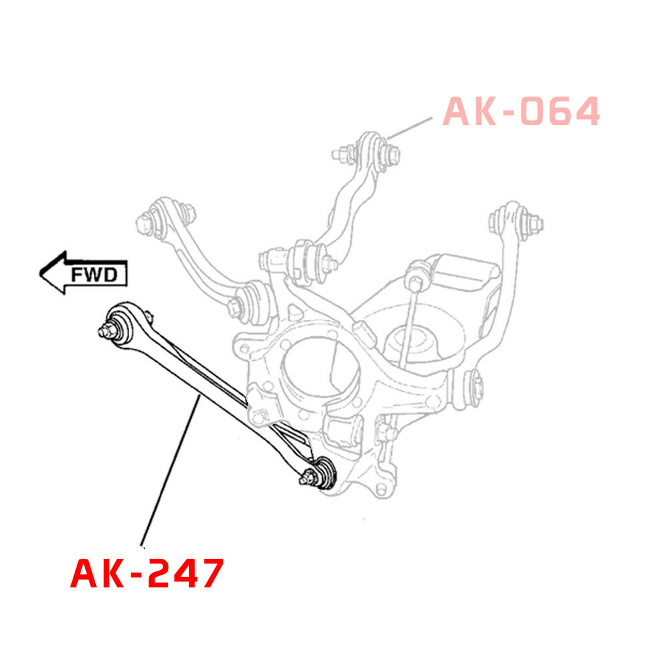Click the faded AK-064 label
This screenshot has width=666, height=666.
521,111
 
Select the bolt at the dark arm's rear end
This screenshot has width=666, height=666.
308,477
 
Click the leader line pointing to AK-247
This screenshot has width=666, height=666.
170,466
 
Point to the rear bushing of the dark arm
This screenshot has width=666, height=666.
326,472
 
